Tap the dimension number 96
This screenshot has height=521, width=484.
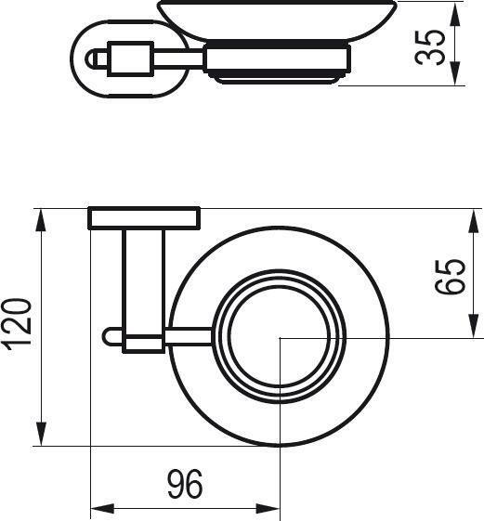[x=185, y=483]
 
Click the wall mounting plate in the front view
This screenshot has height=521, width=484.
[x=144, y=218]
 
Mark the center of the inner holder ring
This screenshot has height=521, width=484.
[x=280, y=339]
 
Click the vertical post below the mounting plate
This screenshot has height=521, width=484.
[x=143, y=279]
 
